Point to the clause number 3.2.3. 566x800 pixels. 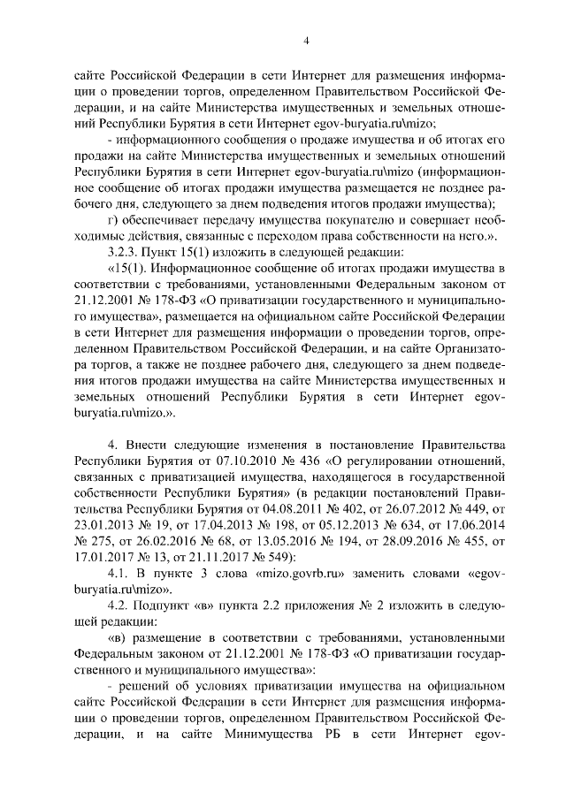coord(123,251)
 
